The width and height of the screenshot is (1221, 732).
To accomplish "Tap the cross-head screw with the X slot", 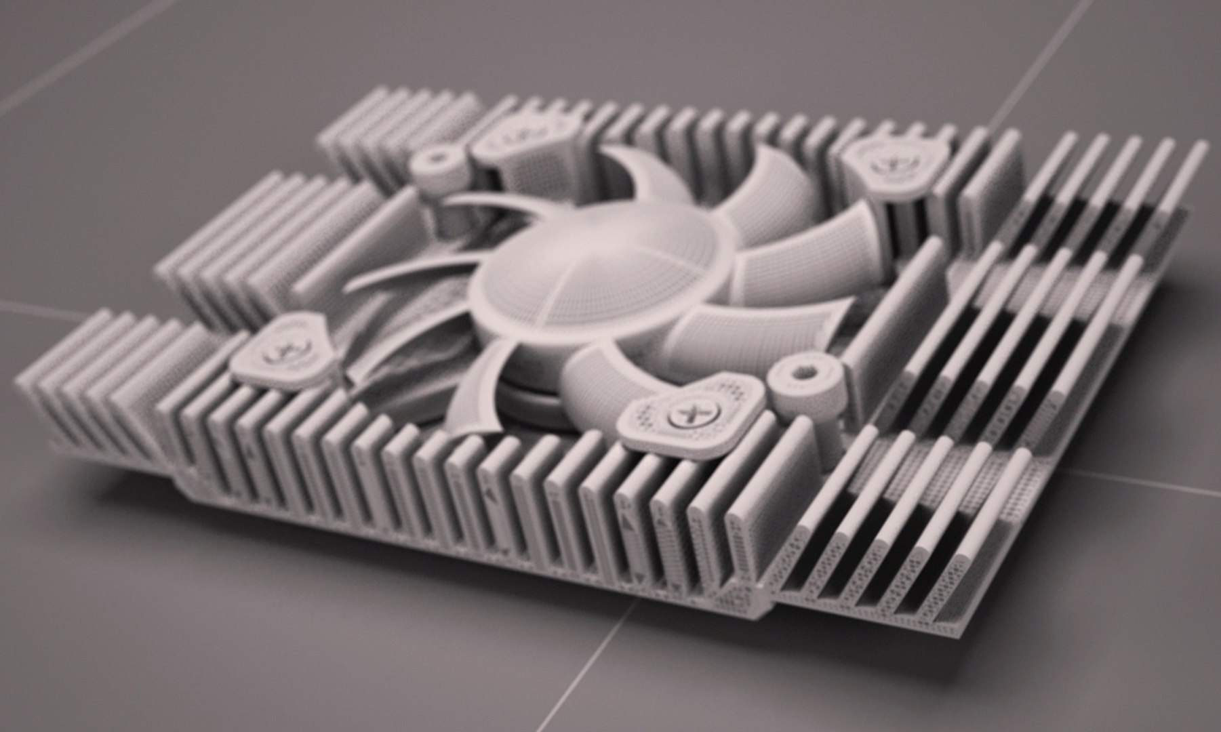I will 680,413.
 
